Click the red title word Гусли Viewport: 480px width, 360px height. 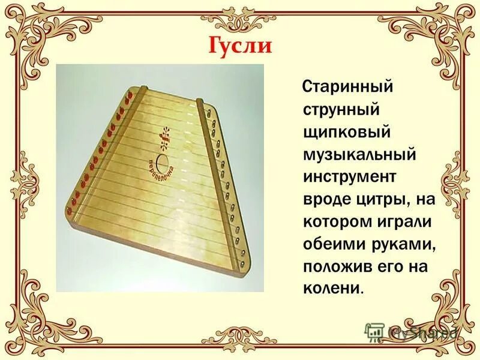pyautogui.click(x=239, y=45)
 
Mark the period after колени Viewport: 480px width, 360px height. pyautogui.click(x=362, y=292)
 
